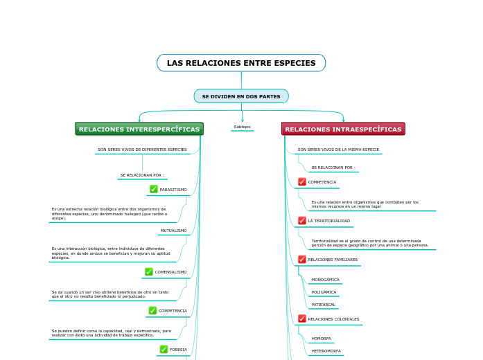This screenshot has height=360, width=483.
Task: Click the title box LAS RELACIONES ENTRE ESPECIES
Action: (x=241, y=63)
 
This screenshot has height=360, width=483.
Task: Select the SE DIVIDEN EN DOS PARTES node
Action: (x=241, y=96)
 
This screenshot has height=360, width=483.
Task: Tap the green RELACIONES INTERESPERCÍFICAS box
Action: (x=139, y=129)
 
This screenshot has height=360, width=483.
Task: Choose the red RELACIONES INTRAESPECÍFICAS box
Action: (x=343, y=129)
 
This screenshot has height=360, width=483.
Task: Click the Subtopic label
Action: (x=242, y=127)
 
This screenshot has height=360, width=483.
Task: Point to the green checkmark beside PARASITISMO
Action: (x=154, y=189)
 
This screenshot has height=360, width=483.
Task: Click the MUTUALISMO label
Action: (x=173, y=231)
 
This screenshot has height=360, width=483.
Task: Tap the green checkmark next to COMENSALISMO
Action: (x=149, y=272)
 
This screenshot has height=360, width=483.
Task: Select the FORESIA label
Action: (x=178, y=350)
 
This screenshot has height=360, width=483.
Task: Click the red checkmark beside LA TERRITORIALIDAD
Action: (x=302, y=221)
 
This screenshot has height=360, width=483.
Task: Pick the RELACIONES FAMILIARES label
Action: (x=333, y=260)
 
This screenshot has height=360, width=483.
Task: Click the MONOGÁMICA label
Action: (x=325, y=280)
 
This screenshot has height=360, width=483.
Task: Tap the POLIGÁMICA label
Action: (x=324, y=292)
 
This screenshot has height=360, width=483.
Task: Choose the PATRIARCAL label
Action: (x=323, y=305)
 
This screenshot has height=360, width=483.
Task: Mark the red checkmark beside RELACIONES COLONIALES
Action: (x=302, y=319)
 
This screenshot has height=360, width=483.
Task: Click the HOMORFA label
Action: (x=321, y=339)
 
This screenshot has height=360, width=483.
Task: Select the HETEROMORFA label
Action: (x=326, y=351)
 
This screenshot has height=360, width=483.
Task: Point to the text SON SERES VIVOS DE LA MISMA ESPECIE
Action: (x=338, y=150)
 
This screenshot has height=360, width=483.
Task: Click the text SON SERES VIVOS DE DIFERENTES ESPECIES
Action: (x=142, y=150)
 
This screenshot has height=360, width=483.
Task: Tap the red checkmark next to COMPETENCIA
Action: (x=302, y=182)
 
